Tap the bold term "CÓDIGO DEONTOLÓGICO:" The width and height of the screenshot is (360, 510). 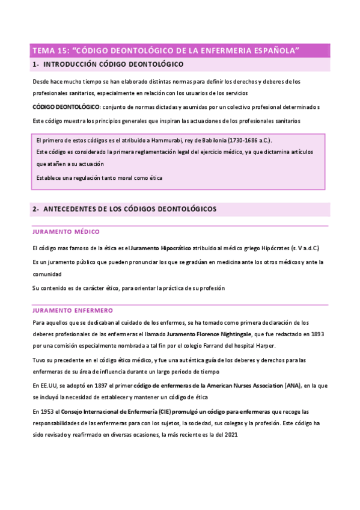pyautogui.click(x=66, y=107)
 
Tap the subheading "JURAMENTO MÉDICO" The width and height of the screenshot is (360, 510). pyautogui.click(x=66, y=232)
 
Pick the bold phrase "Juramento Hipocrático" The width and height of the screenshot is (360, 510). pyautogui.click(x=161, y=248)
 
